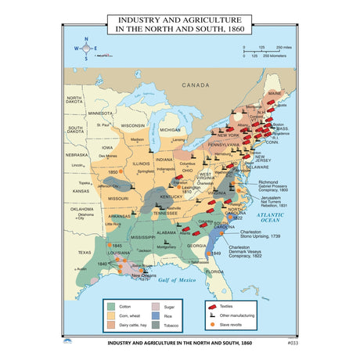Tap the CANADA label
196,84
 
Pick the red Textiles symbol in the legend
211,305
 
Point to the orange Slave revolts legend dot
211,323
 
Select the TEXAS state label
84,252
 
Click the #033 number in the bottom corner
293,343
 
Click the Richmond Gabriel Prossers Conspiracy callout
268,185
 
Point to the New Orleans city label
146,275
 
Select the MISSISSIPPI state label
144,236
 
